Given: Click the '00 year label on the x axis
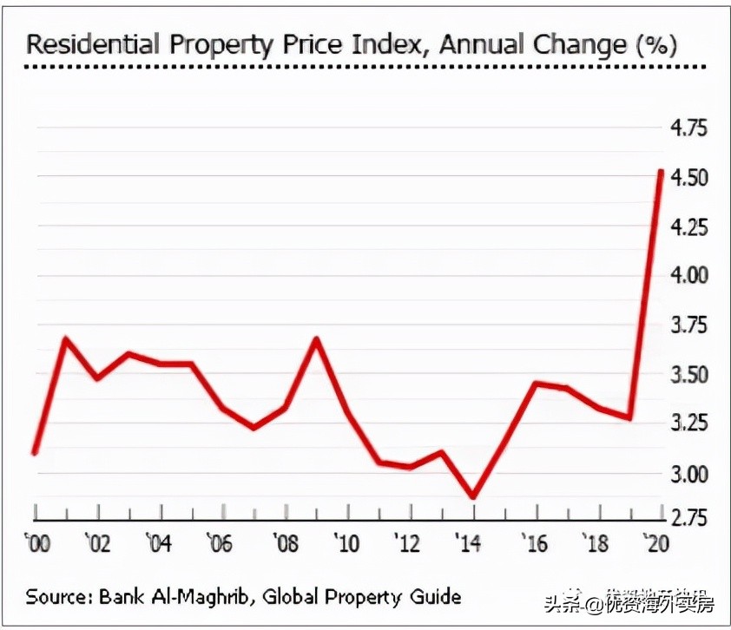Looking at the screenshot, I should (x=38, y=544).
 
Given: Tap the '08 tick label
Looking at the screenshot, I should (x=283, y=544).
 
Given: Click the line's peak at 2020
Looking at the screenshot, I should (x=661, y=172).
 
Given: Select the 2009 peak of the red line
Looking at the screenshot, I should (x=317, y=338).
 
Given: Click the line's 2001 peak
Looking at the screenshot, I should (x=66, y=338).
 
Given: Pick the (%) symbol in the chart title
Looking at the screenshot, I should (x=655, y=44).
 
